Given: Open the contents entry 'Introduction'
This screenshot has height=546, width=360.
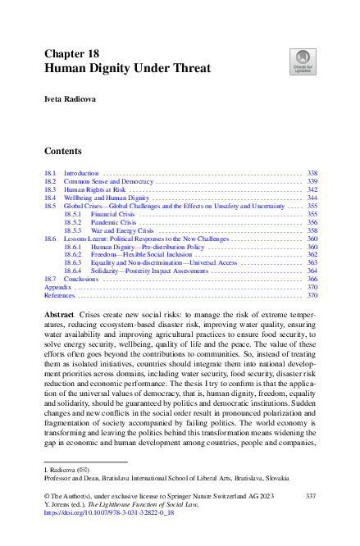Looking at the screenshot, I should click(81, 174).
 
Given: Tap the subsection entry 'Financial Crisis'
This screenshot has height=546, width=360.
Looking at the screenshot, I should click(112, 214).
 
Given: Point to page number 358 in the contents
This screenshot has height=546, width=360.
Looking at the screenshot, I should click(312, 230).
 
